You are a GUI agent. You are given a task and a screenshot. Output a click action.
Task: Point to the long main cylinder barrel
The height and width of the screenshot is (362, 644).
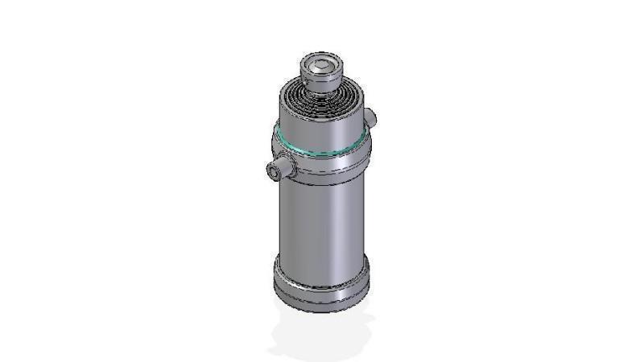(x=322, y=221)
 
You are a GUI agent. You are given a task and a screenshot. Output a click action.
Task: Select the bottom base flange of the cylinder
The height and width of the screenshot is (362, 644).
(x=323, y=286)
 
